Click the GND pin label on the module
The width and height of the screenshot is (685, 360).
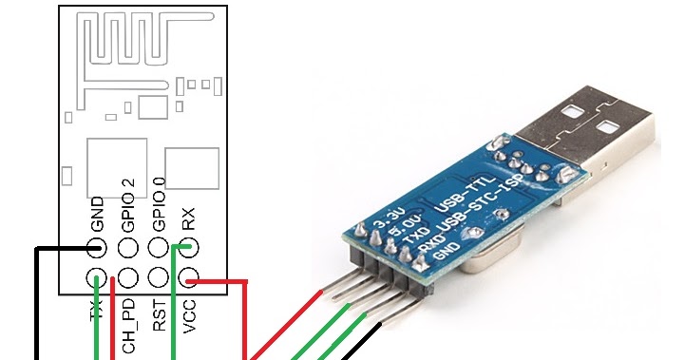tap(97, 216)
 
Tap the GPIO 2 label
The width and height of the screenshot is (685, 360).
tap(128, 205)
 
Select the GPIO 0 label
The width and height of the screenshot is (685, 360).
tap(159, 205)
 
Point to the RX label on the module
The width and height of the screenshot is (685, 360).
tap(189, 220)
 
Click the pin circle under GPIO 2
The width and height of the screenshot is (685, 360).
tap(128, 249)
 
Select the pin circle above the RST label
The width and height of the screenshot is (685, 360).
tap(159, 279)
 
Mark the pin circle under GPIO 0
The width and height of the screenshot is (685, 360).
tap(159, 249)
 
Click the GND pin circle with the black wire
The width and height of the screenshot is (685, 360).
tap(97, 249)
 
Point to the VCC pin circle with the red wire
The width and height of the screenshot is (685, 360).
tap(189, 279)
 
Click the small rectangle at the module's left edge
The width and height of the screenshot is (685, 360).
tap(67, 177)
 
